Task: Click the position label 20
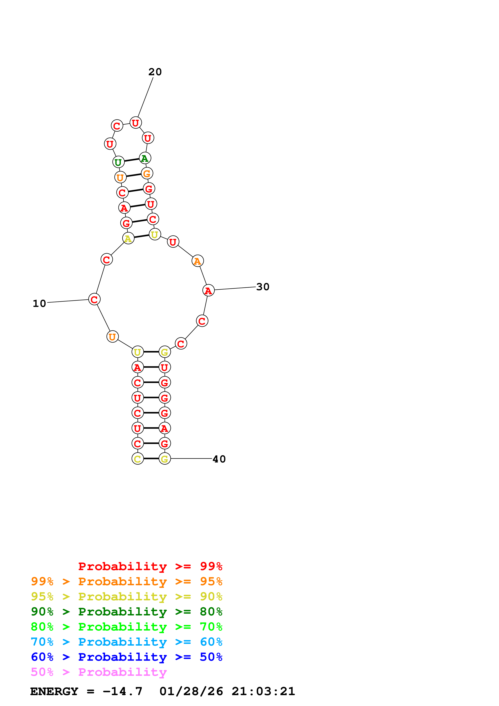tap(155, 72)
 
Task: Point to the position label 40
tap(219, 459)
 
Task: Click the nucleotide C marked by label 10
tap(94, 299)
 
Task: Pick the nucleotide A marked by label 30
tap(209, 290)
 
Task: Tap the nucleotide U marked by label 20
tap(136, 123)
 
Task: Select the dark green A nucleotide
tap(145, 158)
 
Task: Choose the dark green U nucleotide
tap(118, 162)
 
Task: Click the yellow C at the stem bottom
tap(137, 459)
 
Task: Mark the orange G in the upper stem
tap(147, 173)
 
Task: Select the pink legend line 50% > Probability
tap(99, 672)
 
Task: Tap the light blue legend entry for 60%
tap(126, 642)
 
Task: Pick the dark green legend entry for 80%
tap(126, 612)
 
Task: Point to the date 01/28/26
tap(191, 691)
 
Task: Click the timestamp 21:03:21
tap(263, 691)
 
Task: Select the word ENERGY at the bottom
tap(54, 691)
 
